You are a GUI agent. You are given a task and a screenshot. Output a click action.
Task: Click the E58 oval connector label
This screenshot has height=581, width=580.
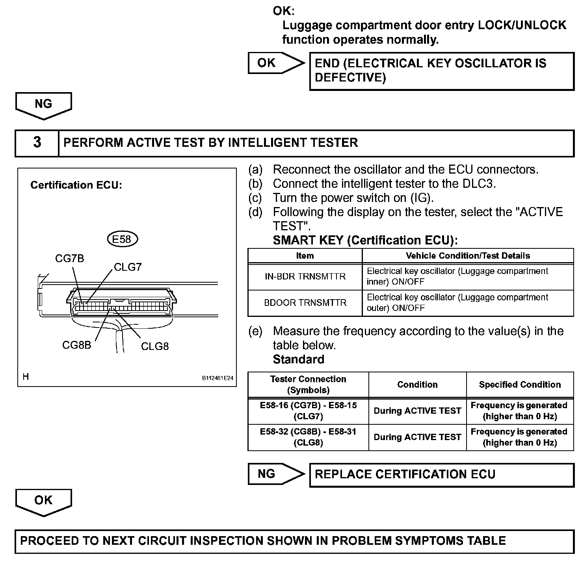pos(122,239)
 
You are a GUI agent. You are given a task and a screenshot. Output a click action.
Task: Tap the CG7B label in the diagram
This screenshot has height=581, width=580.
pos(69,259)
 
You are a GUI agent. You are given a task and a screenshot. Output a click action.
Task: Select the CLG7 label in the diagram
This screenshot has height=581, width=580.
pos(128,267)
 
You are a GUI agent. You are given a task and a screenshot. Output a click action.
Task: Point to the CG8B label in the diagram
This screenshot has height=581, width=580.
pos(76,345)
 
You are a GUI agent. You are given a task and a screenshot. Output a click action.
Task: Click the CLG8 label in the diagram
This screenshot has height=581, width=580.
pos(155,346)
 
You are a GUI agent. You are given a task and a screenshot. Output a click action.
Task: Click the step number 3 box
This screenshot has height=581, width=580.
pos(37,142)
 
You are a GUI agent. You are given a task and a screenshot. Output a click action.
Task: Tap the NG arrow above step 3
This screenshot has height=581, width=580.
pos(43,105)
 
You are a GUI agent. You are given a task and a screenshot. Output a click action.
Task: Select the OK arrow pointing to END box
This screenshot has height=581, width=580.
pos(276,63)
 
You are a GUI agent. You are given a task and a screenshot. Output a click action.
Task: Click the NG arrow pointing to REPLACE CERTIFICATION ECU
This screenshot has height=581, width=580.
pos(276,474)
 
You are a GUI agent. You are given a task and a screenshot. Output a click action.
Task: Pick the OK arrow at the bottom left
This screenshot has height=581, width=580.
pos(43,501)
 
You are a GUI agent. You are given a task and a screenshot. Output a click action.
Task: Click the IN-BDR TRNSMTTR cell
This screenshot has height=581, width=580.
pos(305,276)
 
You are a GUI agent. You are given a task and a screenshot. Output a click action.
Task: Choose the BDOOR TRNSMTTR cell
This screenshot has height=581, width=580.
pos(305,303)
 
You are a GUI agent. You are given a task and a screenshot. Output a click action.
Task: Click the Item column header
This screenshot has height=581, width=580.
pos(305,256)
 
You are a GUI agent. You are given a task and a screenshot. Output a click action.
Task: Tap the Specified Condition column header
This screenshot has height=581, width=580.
pos(520,385)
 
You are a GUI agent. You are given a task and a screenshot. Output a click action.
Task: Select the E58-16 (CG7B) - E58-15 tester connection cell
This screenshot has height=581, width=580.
pos(308,411)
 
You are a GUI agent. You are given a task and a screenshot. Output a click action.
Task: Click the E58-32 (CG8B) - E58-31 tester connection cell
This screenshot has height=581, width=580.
pos(308,437)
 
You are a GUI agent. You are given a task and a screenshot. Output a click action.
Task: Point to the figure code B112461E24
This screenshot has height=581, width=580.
pos(217,378)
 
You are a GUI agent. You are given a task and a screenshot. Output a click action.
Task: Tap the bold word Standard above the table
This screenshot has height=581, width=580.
pos(298,359)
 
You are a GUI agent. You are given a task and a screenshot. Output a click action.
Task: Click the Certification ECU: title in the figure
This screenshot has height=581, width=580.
pos(76,185)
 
